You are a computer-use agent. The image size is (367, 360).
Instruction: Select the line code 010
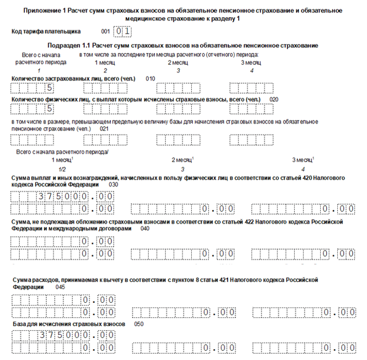(x=150, y=78)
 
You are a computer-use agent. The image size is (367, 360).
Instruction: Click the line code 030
(x=113, y=184)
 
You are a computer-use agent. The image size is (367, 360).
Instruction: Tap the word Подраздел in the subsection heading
(x=64, y=45)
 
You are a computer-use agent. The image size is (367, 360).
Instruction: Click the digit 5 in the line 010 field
(x=50, y=87)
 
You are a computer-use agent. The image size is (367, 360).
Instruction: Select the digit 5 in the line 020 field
(x=50, y=109)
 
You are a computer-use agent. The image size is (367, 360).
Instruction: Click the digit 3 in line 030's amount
(x=42, y=196)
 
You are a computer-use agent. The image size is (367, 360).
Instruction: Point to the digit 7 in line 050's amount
(x=50, y=335)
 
